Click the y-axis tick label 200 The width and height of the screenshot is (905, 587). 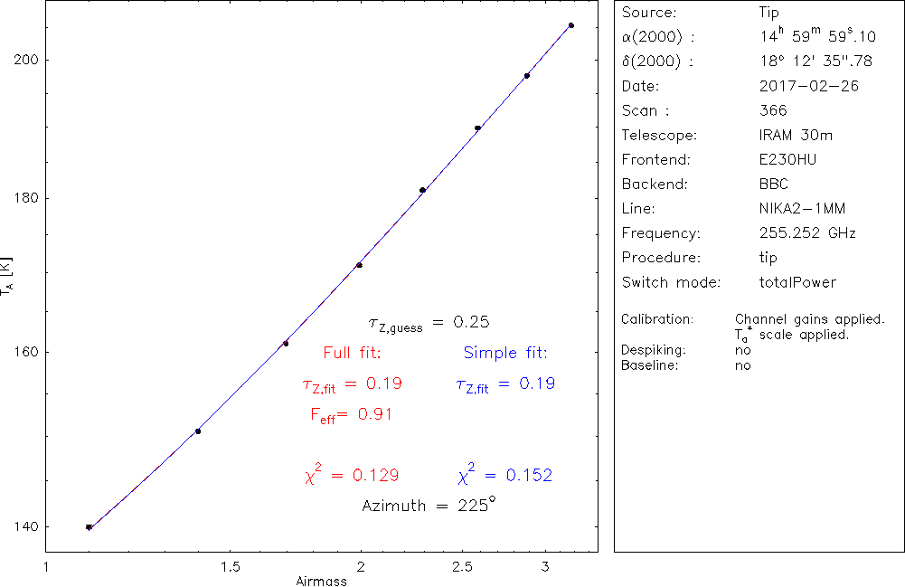(x=23, y=60)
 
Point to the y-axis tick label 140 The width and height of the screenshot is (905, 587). (x=23, y=526)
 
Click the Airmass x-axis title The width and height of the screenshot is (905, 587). (x=321, y=581)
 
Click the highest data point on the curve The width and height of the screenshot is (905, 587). (x=571, y=25)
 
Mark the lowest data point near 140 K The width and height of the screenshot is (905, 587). (x=89, y=527)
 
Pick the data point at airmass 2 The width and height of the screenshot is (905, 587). (x=360, y=265)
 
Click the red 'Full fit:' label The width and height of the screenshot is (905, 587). (x=352, y=353)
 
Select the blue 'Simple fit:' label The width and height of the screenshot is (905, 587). (x=505, y=353)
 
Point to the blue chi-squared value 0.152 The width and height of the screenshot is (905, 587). (x=505, y=475)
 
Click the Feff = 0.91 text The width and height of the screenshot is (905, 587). (x=351, y=415)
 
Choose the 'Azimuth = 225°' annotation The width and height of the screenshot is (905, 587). (x=429, y=505)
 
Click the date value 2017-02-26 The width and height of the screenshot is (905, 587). (x=809, y=87)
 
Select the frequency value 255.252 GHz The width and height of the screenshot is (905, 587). (x=807, y=233)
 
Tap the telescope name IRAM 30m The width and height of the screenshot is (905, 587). (x=796, y=136)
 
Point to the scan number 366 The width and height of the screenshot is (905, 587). (x=774, y=111)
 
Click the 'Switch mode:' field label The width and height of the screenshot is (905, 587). (x=671, y=282)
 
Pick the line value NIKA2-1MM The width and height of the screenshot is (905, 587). (x=803, y=209)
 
